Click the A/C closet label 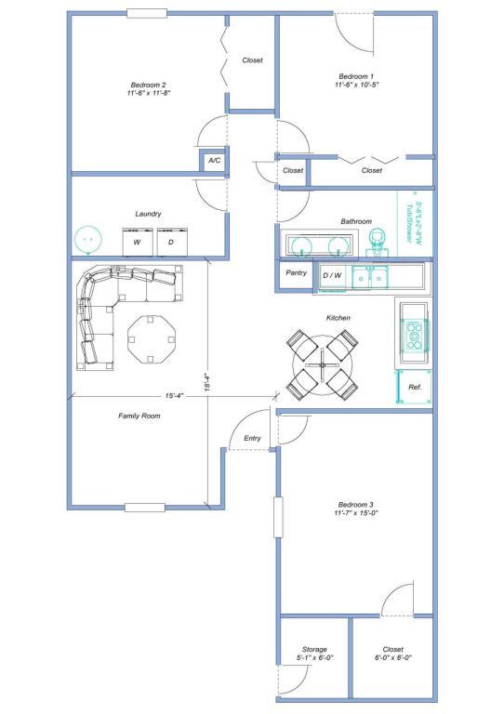[214, 161]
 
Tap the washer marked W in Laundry [137, 242]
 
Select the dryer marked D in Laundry [170, 242]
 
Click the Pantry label [297, 273]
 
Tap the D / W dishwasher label [332, 275]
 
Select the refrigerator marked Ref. [414, 386]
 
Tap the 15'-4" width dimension [174, 395]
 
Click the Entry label [252, 438]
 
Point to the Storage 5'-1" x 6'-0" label [313, 653]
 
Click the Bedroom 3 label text [356, 508]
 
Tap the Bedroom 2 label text [147, 89]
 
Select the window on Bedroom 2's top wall [147, 13]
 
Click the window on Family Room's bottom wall [144, 508]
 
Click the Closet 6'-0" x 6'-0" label [392, 653]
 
